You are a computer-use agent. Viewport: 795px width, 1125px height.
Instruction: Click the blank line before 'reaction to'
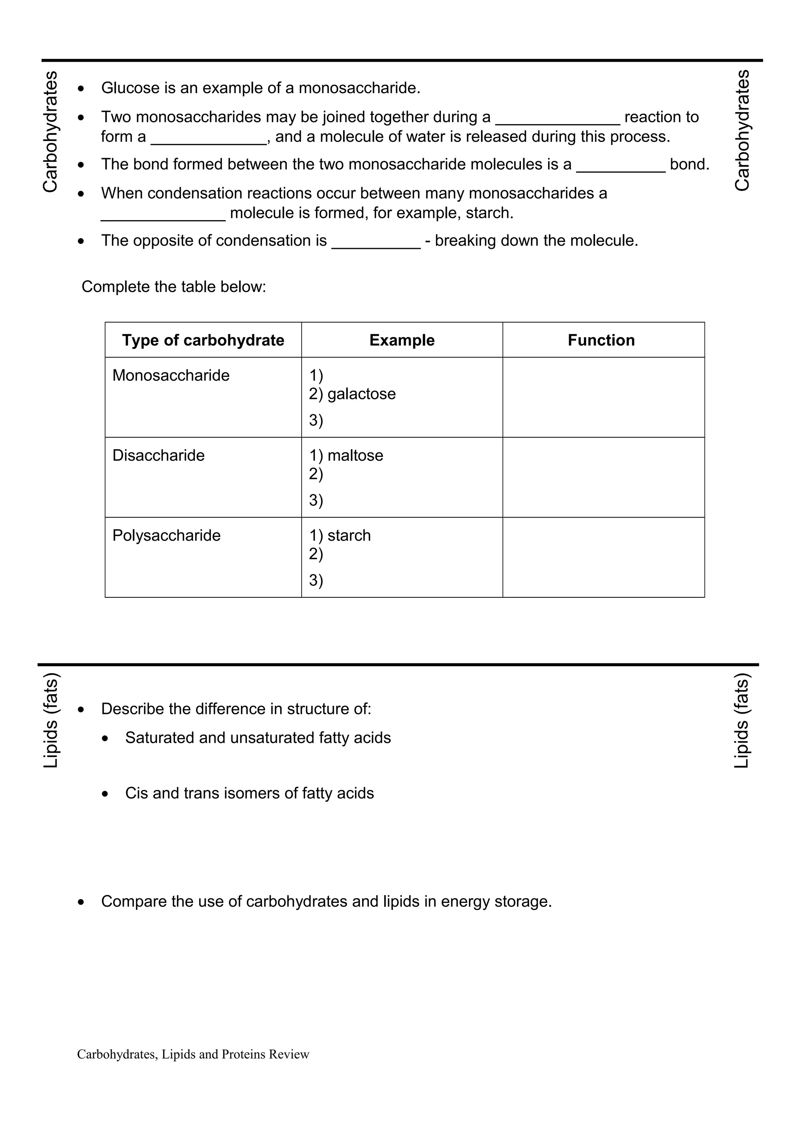tap(557, 120)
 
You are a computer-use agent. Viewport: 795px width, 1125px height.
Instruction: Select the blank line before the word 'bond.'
tap(621, 167)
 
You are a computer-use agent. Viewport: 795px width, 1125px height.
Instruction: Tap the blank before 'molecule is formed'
tap(163, 216)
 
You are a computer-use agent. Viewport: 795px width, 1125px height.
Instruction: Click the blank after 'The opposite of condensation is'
tap(376, 243)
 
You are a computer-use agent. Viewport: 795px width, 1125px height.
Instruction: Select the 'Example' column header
tap(402, 340)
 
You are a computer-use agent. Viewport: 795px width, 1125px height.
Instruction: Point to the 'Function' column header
tap(601, 340)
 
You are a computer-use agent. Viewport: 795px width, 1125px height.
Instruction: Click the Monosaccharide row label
tap(171, 375)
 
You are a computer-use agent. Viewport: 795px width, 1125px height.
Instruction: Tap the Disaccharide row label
tap(158, 455)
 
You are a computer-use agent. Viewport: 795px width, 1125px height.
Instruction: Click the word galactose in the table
tap(361, 394)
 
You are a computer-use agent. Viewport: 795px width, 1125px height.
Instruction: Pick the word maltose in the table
tap(355, 455)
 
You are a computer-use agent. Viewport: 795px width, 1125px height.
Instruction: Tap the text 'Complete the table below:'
tap(174, 286)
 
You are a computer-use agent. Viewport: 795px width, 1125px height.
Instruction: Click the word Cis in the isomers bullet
tap(136, 793)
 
